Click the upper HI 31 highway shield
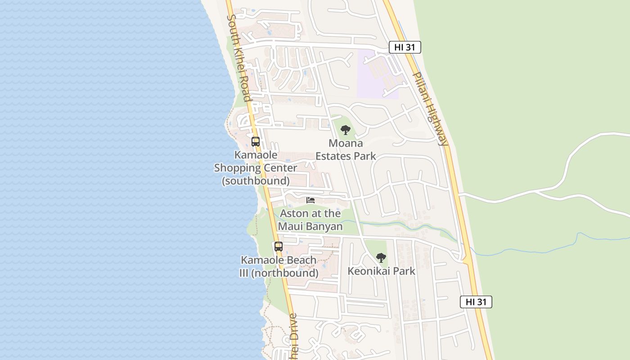[x=405, y=47]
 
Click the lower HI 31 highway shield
[x=476, y=302]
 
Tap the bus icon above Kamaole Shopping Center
[x=256, y=142]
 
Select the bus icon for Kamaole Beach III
[x=279, y=247]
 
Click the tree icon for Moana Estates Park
[x=346, y=130]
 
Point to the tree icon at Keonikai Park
[x=381, y=258]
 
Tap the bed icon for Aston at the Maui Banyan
[x=310, y=200]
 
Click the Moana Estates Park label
[x=346, y=150]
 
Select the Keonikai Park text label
[x=381, y=271]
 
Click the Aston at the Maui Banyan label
[x=310, y=220]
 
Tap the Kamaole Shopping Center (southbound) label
[x=256, y=168]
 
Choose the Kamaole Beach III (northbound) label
[x=279, y=266]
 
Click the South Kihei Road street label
[x=239, y=58]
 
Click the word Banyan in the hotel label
[x=324, y=226]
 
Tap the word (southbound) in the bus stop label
[x=256, y=181]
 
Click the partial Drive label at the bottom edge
[x=293, y=337]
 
